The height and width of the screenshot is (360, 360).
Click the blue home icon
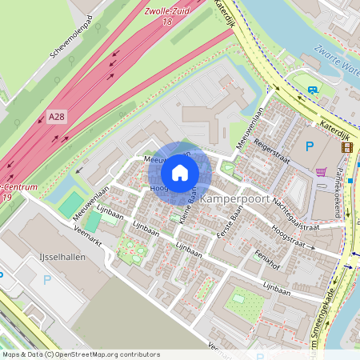(x=180, y=172)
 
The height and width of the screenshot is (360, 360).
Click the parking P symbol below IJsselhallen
(x=46, y=280)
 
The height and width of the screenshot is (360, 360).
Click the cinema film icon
(x=346, y=146)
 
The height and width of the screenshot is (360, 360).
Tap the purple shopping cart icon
(x=321, y=172)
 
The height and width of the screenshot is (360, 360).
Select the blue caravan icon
(x=312, y=90)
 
